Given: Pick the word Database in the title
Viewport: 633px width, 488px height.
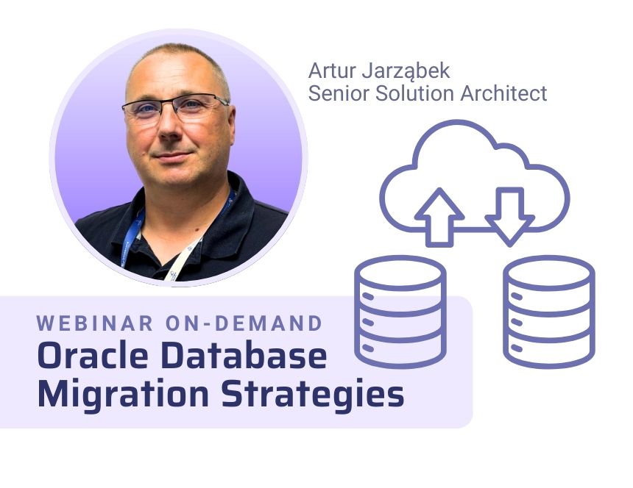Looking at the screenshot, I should (x=244, y=356).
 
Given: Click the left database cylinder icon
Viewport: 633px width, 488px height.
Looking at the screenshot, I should (x=400, y=312).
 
